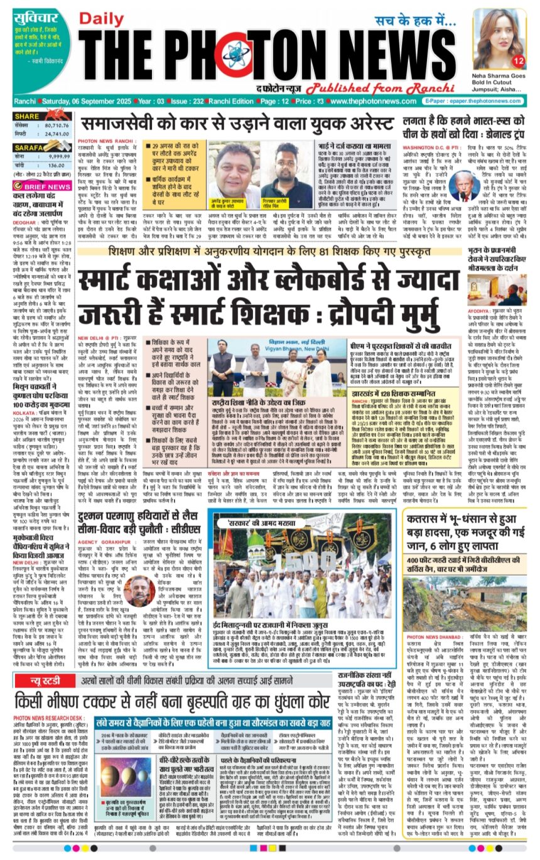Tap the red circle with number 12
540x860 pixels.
point(518,61)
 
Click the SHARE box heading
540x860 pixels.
point(27,116)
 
